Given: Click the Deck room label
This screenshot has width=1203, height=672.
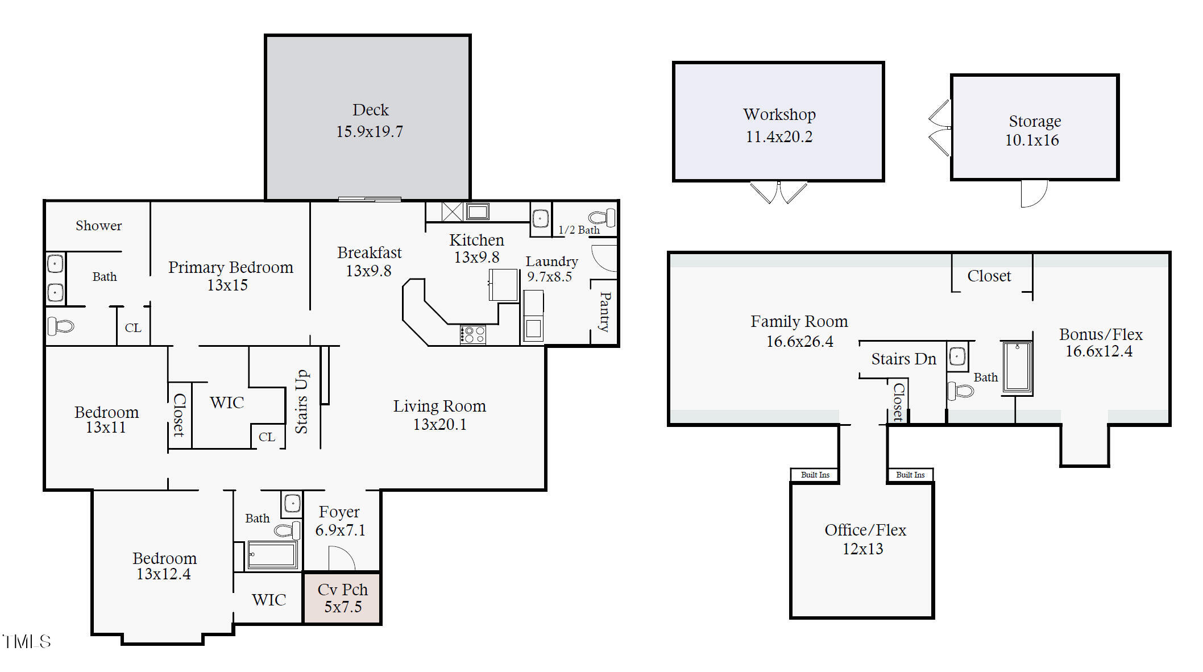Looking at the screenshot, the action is point(371,110).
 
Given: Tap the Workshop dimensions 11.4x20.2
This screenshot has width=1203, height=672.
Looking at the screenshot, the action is point(779,136).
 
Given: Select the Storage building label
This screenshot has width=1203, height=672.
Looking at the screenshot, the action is point(1035,121).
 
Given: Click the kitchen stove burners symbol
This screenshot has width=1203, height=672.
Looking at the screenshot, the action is point(473,335).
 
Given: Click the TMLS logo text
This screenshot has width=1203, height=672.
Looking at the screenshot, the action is point(26,642).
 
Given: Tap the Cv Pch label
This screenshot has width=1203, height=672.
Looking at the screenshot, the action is point(343,590).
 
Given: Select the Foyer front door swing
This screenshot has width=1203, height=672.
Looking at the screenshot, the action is point(342,558).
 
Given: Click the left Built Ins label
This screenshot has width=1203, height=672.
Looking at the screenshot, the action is point(815,475).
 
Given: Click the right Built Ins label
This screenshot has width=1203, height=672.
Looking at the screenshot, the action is point(910,475).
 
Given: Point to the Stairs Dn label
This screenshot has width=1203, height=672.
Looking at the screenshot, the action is point(903,359).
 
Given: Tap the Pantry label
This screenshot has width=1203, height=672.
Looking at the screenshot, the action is point(605,312).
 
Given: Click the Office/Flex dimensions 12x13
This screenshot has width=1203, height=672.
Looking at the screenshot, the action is point(862,549).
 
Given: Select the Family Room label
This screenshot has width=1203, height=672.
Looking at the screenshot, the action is point(799,322).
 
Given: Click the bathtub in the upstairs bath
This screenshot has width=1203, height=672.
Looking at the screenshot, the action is point(1017,368).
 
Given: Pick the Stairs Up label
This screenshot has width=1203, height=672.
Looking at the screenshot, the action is point(301,401).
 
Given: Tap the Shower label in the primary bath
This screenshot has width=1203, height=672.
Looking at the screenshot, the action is point(98,226).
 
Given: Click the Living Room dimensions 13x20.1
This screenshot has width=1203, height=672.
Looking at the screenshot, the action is point(439,425).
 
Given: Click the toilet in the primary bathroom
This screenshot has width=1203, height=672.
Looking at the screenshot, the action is point(61,326).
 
